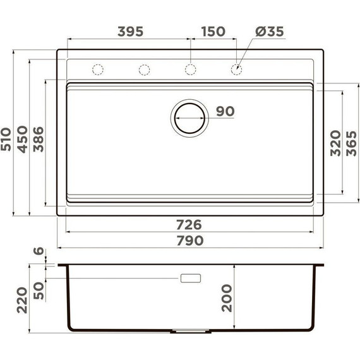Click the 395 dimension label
coord(131,31)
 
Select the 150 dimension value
coord(213,31)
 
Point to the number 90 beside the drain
coord(225,112)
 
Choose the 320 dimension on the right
coord(335,143)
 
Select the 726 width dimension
coord(188,224)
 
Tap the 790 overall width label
coord(188,241)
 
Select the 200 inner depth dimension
coord(227,297)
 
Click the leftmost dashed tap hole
coord(98,68)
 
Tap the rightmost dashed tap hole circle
coord(236,68)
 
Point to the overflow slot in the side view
coord(191,278)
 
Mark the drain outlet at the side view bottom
coord(189,331)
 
